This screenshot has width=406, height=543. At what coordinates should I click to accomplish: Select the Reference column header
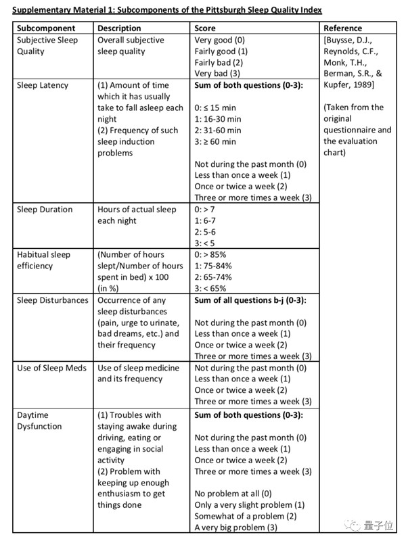342,28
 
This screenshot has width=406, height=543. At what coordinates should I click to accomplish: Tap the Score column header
206,28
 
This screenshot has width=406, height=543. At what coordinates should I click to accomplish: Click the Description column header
119,28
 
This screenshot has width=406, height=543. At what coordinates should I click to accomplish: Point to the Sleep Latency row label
45,85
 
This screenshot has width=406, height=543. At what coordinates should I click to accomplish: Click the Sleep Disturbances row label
53,300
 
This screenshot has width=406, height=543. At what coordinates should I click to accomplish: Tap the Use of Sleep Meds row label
52,368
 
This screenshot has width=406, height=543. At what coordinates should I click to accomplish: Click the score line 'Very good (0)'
221,40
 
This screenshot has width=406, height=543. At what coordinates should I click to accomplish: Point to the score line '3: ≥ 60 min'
215,142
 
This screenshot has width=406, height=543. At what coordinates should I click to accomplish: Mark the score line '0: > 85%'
212,255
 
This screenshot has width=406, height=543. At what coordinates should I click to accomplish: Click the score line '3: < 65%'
212,289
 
